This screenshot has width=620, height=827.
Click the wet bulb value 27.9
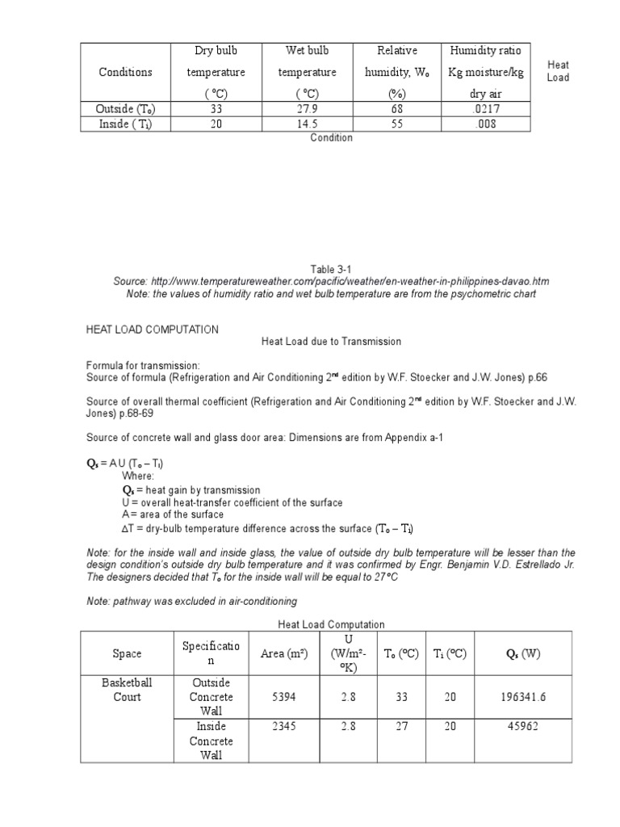(x=307, y=108)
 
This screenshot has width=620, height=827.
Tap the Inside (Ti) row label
(x=125, y=124)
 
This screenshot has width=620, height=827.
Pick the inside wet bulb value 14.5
(x=307, y=124)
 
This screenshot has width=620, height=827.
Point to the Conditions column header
(x=125, y=72)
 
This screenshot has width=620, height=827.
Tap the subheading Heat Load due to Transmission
(x=331, y=342)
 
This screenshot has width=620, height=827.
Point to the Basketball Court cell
(x=127, y=690)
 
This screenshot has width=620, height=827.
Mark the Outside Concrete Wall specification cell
(x=211, y=697)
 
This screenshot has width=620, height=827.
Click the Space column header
(x=127, y=653)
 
